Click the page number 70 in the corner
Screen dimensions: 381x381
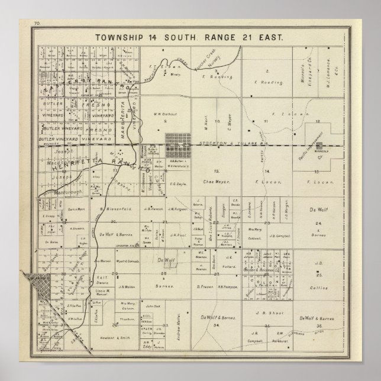pyautogui.click(x=37, y=23)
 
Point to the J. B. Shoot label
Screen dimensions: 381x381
pyautogui.click(x=267, y=314)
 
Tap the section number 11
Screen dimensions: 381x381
pyautogui.click(x=266, y=121)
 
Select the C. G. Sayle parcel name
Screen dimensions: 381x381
pyautogui.click(x=180, y=185)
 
